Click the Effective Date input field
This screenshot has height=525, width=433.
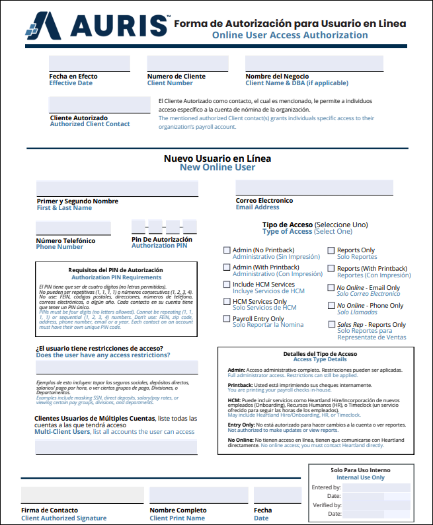89,63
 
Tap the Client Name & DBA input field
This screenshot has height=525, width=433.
314,63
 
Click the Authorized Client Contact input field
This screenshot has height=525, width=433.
100,105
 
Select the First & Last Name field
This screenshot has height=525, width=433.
118,188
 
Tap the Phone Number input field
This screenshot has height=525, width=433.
73,228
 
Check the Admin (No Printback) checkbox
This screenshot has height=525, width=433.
227,250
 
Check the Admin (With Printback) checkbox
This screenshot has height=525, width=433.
227,267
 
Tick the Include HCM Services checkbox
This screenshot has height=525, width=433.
227,285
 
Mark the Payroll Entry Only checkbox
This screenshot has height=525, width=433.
227,319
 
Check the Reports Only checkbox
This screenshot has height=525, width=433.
331,250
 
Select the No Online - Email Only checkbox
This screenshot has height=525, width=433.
331,288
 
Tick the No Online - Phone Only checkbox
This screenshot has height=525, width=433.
331,306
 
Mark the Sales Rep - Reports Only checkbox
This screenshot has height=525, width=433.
331,325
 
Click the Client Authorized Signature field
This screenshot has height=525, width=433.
82,495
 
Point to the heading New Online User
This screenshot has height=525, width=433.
217,168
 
